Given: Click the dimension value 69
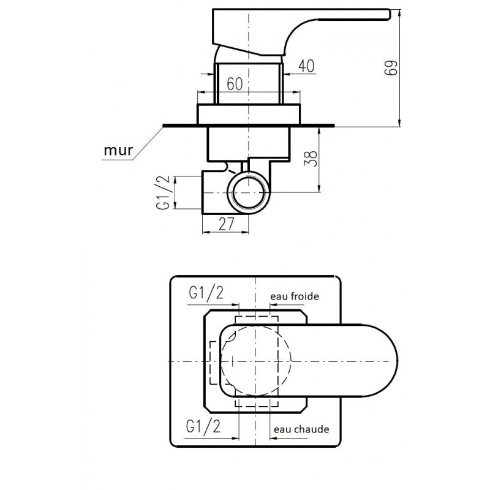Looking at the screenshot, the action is click(391, 67).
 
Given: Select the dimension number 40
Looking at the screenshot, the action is click(306, 66).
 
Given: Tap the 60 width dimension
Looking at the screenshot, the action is click(235, 84).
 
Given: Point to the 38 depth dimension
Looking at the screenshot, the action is click(311, 159).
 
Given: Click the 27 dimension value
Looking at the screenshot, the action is click(227, 224).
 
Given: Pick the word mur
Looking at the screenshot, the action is click(118, 150).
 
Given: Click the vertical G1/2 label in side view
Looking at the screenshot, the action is click(163, 192).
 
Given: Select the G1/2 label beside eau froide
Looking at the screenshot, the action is click(206, 293).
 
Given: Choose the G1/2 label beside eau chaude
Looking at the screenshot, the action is click(203, 426).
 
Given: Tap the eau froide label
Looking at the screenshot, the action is click(295, 296).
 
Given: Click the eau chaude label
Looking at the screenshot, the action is click(301, 429).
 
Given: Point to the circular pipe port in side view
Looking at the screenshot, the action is click(248, 192).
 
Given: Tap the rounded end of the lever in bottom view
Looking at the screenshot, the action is click(398, 361).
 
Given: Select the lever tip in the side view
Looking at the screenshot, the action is click(390, 14).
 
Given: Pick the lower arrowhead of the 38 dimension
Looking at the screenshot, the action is click(319, 189).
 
